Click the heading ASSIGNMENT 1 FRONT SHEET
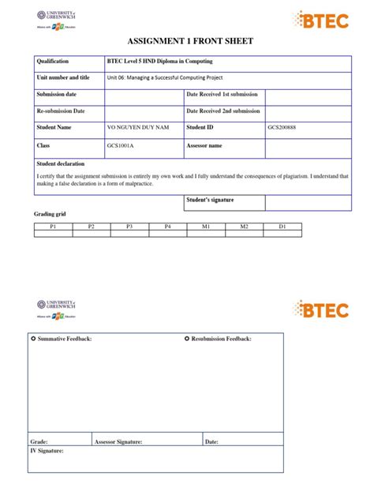pos(186,42)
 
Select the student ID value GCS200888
pos(282,127)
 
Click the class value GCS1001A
pos(119,146)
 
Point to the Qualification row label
pos(53,61)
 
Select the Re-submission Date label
pos(61,111)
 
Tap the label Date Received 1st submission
pos(223,94)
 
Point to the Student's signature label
pos(210,200)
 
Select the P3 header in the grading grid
pos(129,226)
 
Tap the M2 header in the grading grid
pos(244,226)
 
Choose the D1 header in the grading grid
pos(282,226)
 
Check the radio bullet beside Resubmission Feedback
pos(187,339)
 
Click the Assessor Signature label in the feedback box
pos(118,442)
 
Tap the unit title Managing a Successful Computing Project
pos(164,77)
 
